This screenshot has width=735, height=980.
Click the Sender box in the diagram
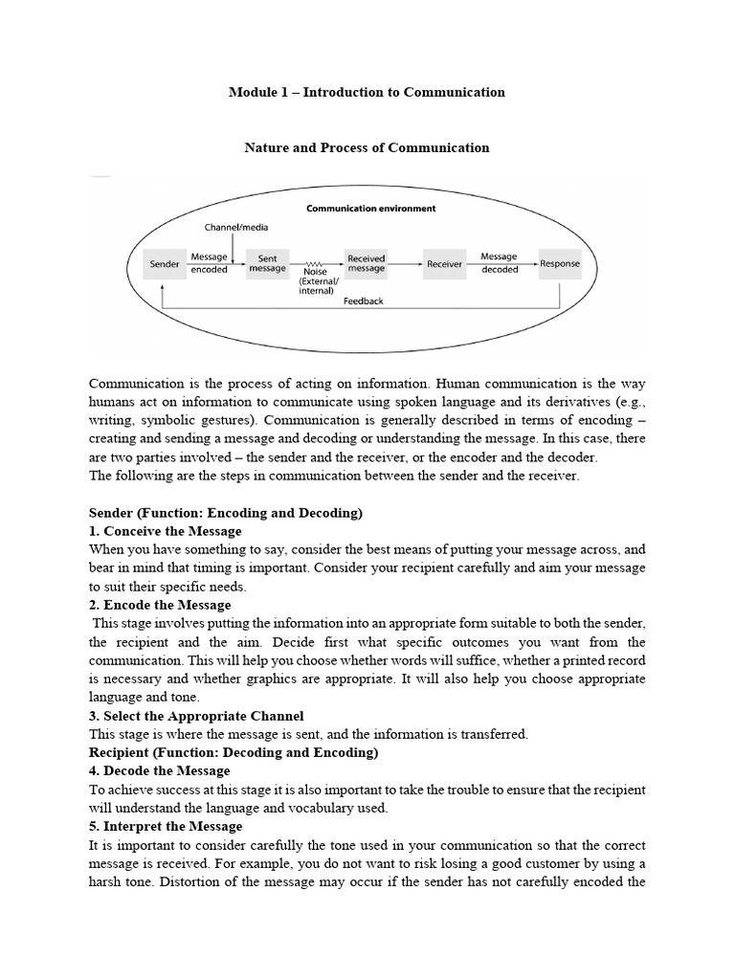164,263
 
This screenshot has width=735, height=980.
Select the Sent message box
267,263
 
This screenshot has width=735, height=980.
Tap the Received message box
367,263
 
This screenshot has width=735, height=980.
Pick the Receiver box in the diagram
445,263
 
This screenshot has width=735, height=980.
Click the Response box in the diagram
560,263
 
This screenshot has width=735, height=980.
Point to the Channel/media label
236,227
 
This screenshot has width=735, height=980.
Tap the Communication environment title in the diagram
370,208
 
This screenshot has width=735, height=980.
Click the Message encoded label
210,263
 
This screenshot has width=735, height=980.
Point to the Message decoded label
499,263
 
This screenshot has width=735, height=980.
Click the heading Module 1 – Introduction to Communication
367,93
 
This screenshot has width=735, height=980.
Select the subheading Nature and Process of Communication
367,147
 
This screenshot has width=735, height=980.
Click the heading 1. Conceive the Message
165,531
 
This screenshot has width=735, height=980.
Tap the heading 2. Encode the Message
160,605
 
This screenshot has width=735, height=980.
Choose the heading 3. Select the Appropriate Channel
196,716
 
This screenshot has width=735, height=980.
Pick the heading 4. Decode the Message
160,770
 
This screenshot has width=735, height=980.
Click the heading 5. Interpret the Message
166,826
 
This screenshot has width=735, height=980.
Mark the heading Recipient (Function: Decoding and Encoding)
234,752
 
